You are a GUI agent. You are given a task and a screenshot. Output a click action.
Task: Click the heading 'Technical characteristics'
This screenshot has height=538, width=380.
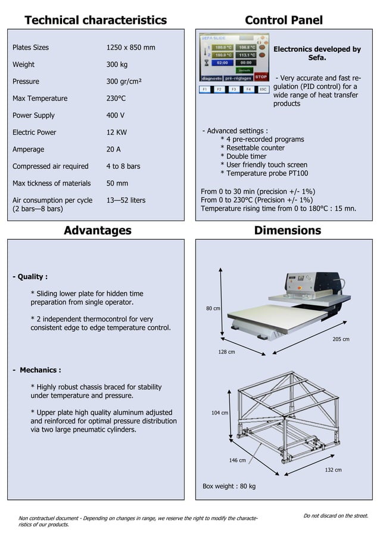click(95, 20)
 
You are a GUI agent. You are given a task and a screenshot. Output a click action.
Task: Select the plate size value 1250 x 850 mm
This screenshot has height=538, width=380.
click(130, 48)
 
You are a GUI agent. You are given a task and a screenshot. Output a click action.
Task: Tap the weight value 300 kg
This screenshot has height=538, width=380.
click(117, 64)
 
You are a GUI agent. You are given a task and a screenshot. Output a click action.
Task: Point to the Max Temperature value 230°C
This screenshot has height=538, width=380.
click(116, 98)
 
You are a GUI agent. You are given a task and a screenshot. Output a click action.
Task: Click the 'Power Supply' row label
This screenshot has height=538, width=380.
click(33, 115)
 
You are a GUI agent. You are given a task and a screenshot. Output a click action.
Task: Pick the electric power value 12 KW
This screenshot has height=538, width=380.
click(116, 132)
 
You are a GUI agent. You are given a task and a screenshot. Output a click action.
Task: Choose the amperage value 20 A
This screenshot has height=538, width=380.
click(113, 150)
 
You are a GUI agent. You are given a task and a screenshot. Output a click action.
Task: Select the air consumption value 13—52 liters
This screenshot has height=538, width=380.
click(126, 200)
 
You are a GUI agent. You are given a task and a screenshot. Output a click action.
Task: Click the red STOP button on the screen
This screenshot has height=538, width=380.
click(261, 77)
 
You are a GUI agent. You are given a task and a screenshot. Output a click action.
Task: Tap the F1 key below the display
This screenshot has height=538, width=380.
click(205, 89)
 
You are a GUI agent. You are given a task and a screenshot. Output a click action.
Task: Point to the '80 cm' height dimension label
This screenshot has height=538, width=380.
click(213, 308)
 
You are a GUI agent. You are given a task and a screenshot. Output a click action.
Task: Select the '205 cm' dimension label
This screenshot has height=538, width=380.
click(341, 339)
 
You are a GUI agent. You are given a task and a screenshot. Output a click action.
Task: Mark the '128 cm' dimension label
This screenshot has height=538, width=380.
click(226, 353)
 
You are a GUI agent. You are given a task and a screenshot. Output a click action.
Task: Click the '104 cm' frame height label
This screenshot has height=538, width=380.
click(220, 413)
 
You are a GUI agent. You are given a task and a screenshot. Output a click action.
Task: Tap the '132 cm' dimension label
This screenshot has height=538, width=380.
click(333, 470)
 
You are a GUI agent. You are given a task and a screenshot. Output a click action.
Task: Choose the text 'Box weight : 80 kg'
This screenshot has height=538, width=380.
click(229, 487)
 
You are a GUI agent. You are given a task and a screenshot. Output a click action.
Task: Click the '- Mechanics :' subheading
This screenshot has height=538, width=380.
click(37, 370)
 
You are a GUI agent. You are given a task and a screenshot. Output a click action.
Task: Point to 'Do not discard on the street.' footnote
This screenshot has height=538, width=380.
click(335, 516)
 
